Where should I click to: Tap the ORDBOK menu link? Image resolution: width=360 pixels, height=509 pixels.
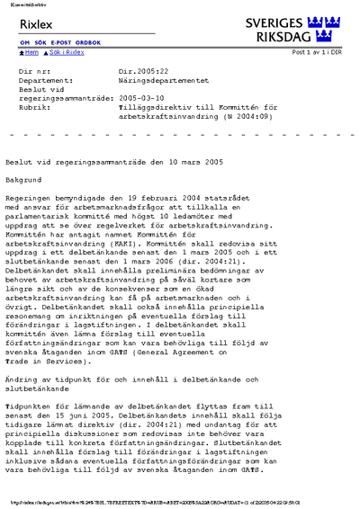coord(88,43)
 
